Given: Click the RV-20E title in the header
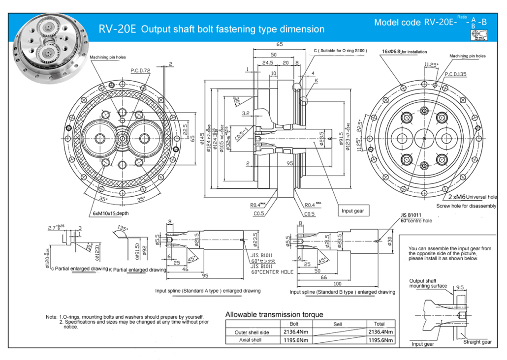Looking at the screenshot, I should pos(117,29).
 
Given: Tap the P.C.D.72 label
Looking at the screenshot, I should pos(141,71).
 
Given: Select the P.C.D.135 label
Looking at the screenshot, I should pos(455,74).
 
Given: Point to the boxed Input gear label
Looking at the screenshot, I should pos(353,211).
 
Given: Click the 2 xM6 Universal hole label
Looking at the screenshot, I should pos(472,197).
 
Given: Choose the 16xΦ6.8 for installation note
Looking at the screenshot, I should pos(404,52).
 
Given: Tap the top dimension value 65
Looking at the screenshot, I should pos(280,44).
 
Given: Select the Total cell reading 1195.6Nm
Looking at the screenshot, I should pos(381,340).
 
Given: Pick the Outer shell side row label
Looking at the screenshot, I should pos(252,332).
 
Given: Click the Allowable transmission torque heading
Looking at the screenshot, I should pos(274,314).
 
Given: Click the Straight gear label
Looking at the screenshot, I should pos(477,342).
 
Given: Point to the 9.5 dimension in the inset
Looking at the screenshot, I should pos(460,287).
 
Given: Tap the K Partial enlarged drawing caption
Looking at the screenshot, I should pos(137,270).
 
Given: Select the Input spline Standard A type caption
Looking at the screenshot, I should pos(208,291).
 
